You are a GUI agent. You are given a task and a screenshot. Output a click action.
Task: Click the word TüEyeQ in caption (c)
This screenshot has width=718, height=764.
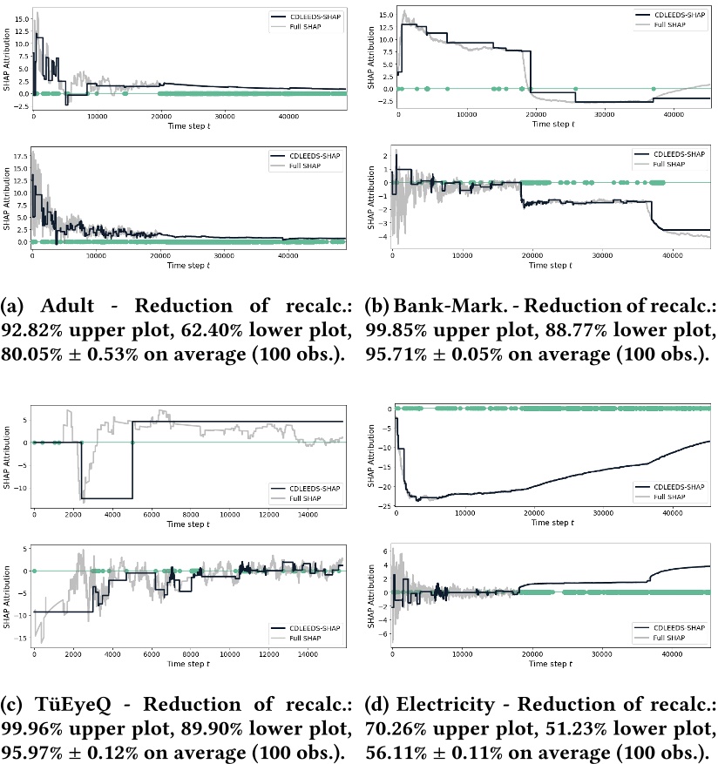pyautogui.click(x=67, y=703)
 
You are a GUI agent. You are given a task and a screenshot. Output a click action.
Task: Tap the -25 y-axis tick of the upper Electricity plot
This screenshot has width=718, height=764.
pyautogui.click(x=383, y=505)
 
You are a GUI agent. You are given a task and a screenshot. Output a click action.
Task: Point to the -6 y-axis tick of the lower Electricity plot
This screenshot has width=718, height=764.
pyautogui.click(x=384, y=633)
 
